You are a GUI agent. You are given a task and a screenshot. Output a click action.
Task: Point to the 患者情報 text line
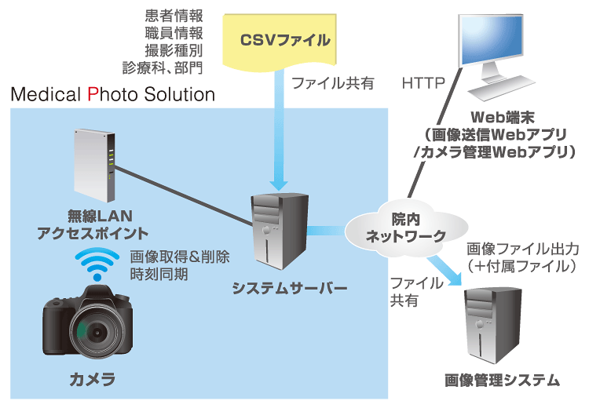click(174, 16)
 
